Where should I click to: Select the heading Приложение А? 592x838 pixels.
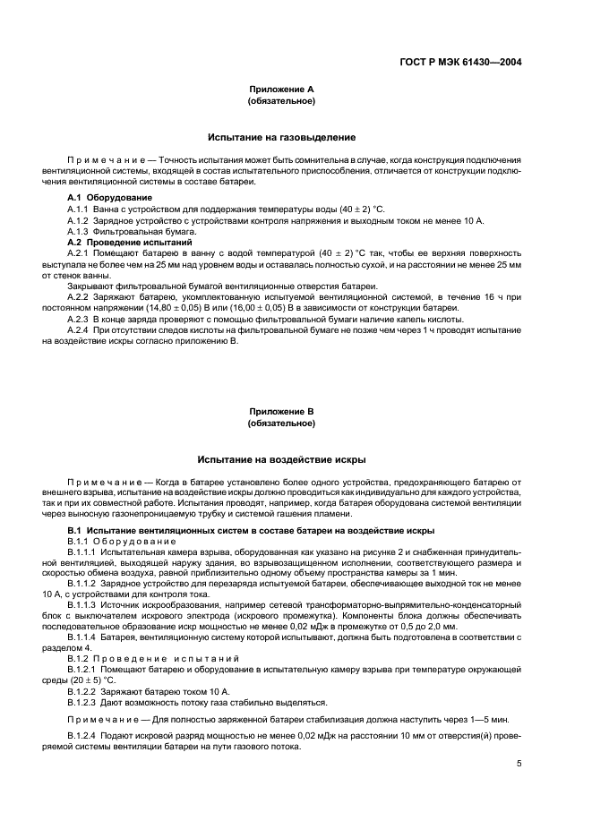pos(280,90)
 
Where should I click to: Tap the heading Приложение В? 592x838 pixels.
pos(280,412)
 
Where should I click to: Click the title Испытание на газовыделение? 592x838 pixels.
pos(281,137)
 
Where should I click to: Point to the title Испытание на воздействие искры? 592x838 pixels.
pos(281,459)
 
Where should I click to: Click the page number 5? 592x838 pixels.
pos(519,764)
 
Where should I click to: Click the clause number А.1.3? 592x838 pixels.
pos(82,231)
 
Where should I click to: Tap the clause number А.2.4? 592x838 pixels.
pos(82,330)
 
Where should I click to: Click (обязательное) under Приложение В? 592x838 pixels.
pos(280,423)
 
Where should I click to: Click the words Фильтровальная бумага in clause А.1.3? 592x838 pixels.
pos(142,231)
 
